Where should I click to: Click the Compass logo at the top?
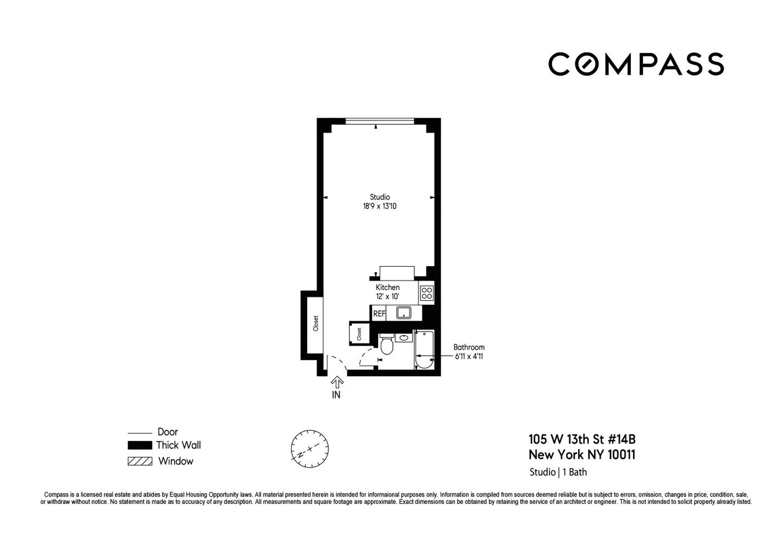coord(636,64)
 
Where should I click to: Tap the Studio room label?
coord(380,197)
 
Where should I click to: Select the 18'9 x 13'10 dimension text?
coord(380,206)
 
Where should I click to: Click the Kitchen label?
coord(387,288)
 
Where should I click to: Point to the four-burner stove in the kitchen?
coord(426,293)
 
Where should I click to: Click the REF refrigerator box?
coord(379,313)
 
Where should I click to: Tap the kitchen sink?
coord(403,312)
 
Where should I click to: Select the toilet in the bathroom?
coord(387,344)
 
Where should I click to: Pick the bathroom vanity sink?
coord(404,337)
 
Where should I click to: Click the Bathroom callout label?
coord(469,347)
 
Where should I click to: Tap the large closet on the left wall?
coord(315,325)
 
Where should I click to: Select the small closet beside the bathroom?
coord(359,334)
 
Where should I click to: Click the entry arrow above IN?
coord(337,382)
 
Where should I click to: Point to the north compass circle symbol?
coord(309,449)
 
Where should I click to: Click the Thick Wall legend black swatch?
coord(140,445)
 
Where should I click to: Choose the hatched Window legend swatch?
coord(140,461)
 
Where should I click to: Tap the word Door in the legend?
coord(168,432)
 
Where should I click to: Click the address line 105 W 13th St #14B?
coord(582,439)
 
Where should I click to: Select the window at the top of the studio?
coord(380,121)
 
